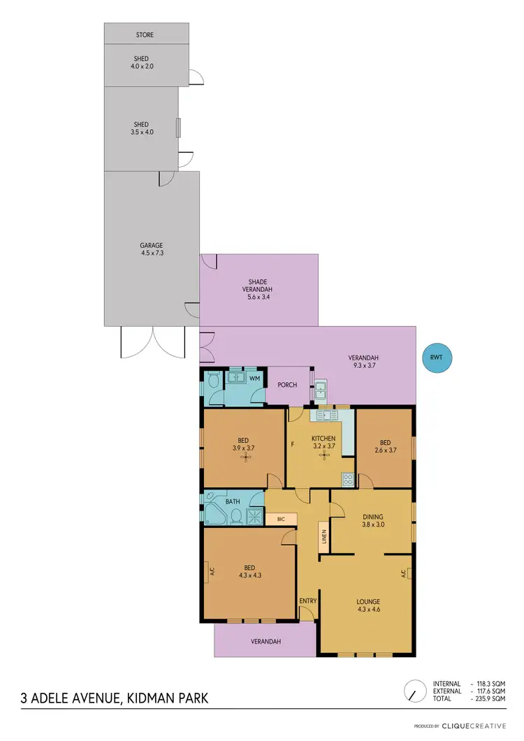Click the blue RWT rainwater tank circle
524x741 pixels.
[x=437, y=358]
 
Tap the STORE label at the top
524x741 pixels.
[x=145, y=34]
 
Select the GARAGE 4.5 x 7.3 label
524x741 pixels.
[x=151, y=249]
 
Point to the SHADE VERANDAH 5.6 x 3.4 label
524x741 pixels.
[x=258, y=289]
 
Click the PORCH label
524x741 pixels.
[x=287, y=385]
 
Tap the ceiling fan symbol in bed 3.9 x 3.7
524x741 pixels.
[x=244, y=457]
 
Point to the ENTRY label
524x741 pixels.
[x=307, y=601]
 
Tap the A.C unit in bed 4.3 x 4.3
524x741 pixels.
[x=211, y=572]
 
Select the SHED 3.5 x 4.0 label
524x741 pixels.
[x=142, y=128]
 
